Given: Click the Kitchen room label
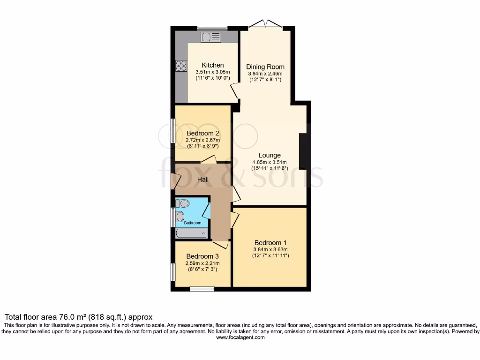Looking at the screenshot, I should coord(212,65).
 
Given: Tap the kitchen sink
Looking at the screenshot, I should coord(211,37).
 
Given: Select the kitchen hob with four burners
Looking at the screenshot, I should coord(180,67).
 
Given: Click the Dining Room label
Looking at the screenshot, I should coord(265,67).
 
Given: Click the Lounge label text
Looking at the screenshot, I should coord(270,155).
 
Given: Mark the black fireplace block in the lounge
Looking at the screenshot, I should coord(303,151).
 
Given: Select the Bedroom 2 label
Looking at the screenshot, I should coord(203,133).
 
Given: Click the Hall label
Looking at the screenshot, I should coord(203,180).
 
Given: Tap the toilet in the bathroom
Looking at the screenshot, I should coord(183,203).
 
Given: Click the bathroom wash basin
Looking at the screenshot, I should coord(180,217).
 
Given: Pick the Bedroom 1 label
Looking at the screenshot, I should coord(270,242).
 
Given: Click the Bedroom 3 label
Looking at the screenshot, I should coord(202,256).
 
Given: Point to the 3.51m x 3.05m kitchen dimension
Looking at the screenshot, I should coord(213,72).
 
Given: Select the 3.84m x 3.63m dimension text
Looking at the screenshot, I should coord(270,249).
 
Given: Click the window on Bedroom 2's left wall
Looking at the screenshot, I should coord(172,131).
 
